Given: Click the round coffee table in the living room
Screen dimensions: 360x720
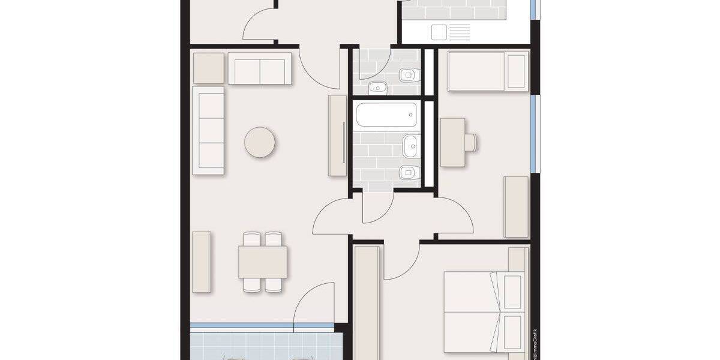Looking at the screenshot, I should (x=260, y=142).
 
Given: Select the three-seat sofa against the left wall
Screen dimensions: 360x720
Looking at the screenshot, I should (x=208, y=130).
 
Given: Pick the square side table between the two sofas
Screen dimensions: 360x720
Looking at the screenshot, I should (x=208, y=68).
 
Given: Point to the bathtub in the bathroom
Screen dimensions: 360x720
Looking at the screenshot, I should (x=386, y=115).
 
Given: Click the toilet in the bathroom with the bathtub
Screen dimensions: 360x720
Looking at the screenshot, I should (x=409, y=172).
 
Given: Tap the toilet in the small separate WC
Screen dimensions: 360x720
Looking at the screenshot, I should (x=410, y=75).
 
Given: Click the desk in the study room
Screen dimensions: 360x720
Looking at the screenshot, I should (x=452, y=142).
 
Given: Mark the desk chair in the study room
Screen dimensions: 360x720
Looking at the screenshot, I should (x=470, y=142).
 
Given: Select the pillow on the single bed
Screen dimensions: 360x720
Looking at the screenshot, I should (x=516, y=71).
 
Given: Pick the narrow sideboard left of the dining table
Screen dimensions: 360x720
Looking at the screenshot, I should (x=202, y=262).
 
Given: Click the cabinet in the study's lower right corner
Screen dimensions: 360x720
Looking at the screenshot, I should (x=516, y=207).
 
